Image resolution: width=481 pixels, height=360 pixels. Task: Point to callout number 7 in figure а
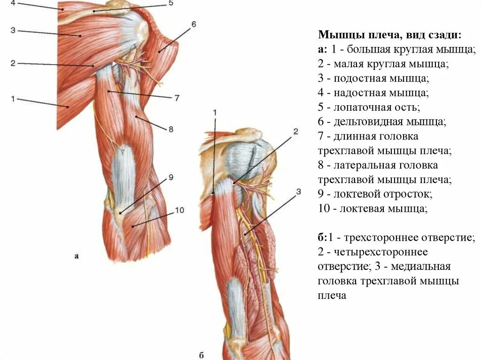tap(177, 98)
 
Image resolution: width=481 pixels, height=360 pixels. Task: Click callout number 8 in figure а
tap(171, 128)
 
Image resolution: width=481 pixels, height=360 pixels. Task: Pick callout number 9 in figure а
tap(171, 177)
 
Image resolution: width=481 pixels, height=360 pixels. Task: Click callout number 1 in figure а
tap(13, 98)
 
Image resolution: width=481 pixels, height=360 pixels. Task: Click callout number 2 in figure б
tap(295, 132)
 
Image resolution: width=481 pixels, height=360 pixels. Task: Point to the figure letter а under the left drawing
tap(76, 256)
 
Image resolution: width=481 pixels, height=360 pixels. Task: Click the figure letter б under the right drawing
tap(201, 355)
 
